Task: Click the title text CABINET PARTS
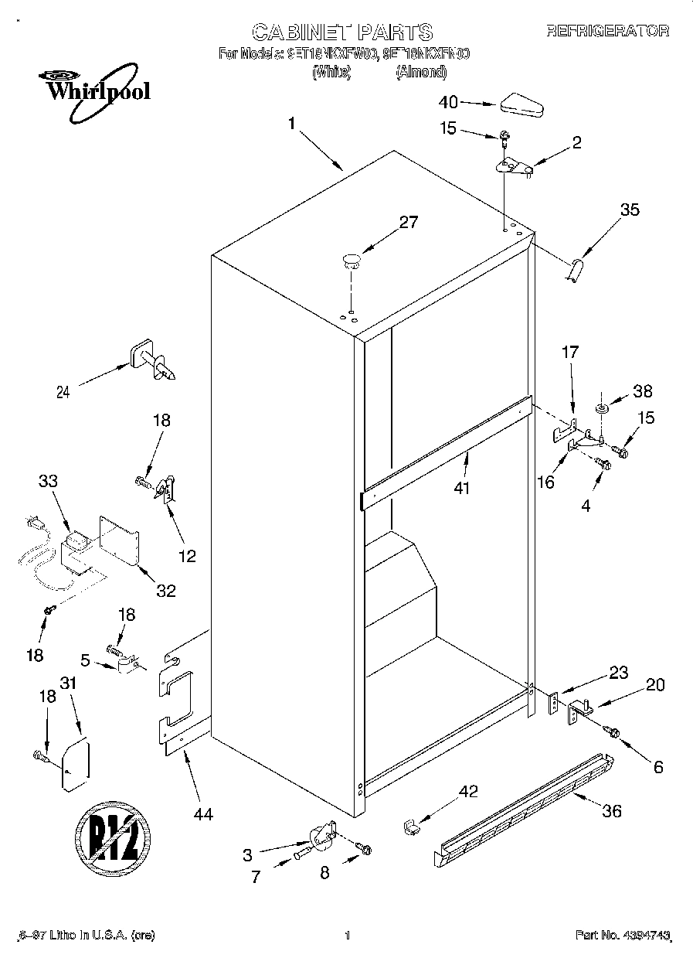tap(342, 32)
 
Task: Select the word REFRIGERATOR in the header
tap(607, 32)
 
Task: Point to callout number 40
tap(448, 102)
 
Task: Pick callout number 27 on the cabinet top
tap(407, 223)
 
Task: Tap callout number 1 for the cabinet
tap(292, 124)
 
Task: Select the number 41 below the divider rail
tap(463, 488)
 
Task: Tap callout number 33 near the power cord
tap(47, 479)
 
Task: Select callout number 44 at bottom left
tap(203, 813)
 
